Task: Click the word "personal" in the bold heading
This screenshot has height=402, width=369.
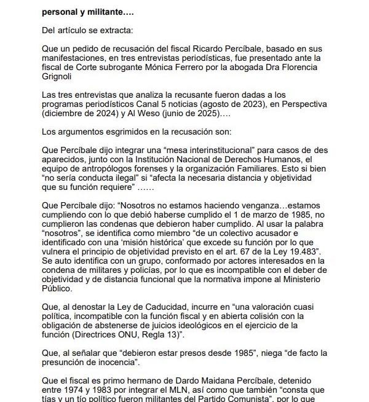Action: (x=61, y=12)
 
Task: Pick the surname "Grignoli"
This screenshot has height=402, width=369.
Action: (x=58, y=77)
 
